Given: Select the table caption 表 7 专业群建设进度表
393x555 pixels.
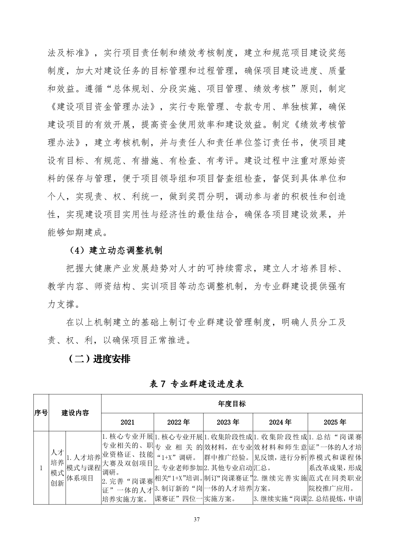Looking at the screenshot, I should pyautogui.click(x=196, y=384).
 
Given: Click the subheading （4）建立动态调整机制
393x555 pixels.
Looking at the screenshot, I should pyautogui.click(x=115, y=250).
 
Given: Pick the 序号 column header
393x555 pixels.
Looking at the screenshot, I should pyautogui.click(x=41, y=413).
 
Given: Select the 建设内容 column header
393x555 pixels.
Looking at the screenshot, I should pyautogui.click(x=75, y=413).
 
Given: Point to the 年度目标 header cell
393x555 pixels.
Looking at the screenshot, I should pyautogui.click(x=232, y=404).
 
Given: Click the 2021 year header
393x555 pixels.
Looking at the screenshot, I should pyautogui.click(x=127, y=422).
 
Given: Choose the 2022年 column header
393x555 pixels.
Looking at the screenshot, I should pyautogui.click(x=178, y=422).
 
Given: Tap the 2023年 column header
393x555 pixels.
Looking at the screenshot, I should pyautogui.click(x=228, y=422).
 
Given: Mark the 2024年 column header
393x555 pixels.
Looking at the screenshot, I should pyautogui.click(x=280, y=422).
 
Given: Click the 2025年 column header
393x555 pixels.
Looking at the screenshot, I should pyautogui.click(x=335, y=422).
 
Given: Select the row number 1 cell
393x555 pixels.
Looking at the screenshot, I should pyautogui.click(x=41, y=468).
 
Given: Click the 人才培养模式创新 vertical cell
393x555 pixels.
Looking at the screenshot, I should pyautogui.click(x=57, y=468).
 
